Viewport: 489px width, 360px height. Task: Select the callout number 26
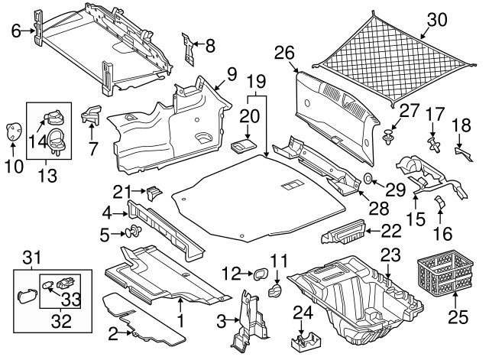click(x=284, y=53)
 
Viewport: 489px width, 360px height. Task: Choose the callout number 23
click(x=390, y=255)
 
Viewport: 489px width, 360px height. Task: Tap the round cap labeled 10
click(x=13, y=130)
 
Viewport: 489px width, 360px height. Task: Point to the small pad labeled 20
click(x=244, y=145)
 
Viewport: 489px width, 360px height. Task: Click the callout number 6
click(x=14, y=31)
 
